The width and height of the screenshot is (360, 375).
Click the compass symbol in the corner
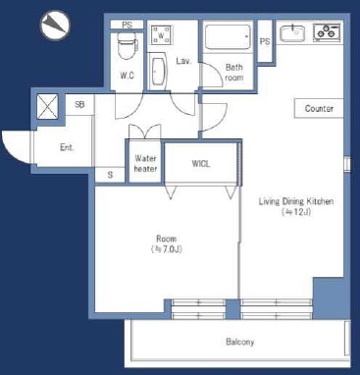tap(55, 26)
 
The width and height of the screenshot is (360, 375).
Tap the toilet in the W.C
tap(127, 45)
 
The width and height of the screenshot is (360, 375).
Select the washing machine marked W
tap(162, 35)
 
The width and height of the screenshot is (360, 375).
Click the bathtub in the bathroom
tap(228, 36)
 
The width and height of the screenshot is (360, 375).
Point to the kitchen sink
tap(292, 33)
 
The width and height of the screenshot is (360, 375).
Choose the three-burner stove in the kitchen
tap(328, 32)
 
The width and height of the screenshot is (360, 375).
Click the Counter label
tap(319, 109)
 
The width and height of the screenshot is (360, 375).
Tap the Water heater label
tap(145, 164)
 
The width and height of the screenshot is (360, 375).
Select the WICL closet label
tap(201, 164)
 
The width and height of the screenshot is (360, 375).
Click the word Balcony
tap(239, 343)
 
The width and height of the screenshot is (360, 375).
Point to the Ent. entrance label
tap(67, 147)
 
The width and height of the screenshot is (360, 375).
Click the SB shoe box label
tap(79, 104)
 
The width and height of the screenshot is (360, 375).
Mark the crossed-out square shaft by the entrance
tap(47, 106)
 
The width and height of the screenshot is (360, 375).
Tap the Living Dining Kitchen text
tap(296, 201)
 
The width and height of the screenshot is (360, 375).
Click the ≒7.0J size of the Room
tap(167, 249)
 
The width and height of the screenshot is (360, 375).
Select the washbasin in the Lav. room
tap(159, 72)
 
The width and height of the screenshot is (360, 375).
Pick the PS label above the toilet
tap(127, 25)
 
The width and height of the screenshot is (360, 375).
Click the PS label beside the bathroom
tap(265, 41)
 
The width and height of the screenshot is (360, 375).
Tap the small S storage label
tap(110, 175)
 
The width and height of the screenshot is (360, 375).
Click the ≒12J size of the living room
tap(296, 212)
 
